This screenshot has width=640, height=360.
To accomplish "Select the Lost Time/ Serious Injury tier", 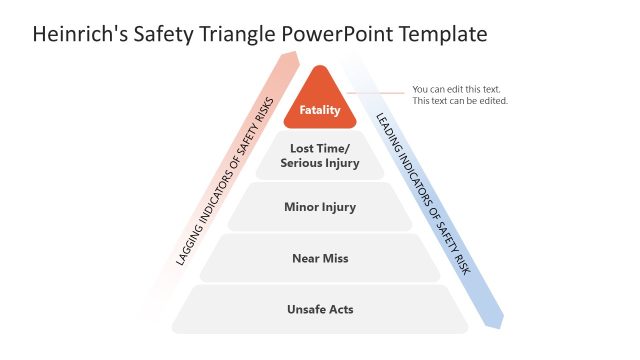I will coord(320,156).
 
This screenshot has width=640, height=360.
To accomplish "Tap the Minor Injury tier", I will coord(320,207).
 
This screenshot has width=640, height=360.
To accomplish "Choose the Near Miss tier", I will coord(320,258).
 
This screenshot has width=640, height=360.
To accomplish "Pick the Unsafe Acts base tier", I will coord(320,309).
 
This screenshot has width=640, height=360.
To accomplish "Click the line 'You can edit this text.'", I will coord(456,89).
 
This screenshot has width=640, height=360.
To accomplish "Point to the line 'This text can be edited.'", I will coord(460,101).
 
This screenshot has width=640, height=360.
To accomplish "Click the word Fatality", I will coord(320,110).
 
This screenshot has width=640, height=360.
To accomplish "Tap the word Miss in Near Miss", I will coord(337,258).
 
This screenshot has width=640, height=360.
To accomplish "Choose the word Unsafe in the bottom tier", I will coord(304,309).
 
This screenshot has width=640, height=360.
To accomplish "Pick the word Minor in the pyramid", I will coord(303,207).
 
